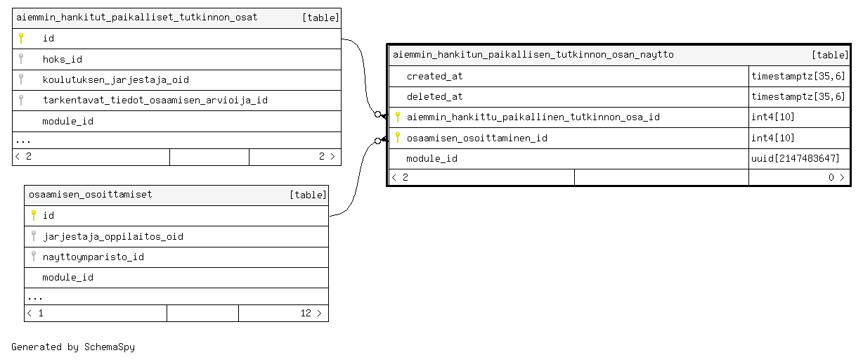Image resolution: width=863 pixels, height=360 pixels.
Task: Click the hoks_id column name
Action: click(x=62, y=59)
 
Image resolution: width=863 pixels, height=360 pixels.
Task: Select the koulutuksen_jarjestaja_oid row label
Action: click(x=115, y=79)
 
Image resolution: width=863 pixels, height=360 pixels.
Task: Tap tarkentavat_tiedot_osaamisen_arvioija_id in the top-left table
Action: click(x=155, y=101)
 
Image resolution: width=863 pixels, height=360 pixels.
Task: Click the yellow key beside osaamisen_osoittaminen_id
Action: click(x=398, y=137)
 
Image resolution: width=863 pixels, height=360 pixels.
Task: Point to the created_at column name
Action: click(x=434, y=77)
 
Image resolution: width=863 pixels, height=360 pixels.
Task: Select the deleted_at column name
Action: click(x=434, y=96)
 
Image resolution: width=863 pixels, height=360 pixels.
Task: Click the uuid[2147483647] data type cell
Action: click(x=796, y=158)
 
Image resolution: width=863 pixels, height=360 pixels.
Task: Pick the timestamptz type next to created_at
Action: click(x=798, y=77)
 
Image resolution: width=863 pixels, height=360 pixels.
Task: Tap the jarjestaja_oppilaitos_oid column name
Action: click(x=113, y=237)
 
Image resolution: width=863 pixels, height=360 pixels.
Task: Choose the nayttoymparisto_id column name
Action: click(x=93, y=257)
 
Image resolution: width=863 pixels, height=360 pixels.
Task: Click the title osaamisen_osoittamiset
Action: click(x=91, y=194)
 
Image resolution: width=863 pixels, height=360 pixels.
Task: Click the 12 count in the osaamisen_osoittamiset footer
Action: click(x=306, y=313)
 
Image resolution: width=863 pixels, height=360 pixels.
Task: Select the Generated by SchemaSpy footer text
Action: click(x=73, y=347)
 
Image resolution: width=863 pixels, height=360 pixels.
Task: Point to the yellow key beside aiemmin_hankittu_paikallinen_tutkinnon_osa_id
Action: click(x=398, y=117)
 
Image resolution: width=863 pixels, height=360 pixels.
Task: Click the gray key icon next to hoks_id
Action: click(x=21, y=58)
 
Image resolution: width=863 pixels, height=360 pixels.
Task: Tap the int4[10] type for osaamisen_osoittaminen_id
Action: click(x=773, y=138)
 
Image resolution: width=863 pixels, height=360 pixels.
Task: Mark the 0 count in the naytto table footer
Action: click(x=831, y=177)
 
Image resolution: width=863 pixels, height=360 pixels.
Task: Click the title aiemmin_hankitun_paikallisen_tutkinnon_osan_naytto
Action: click(x=533, y=54)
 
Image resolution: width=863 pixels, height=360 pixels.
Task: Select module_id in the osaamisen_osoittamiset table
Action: click(x=67, y=278)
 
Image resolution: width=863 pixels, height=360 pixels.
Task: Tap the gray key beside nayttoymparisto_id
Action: click(x=34, y=257)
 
